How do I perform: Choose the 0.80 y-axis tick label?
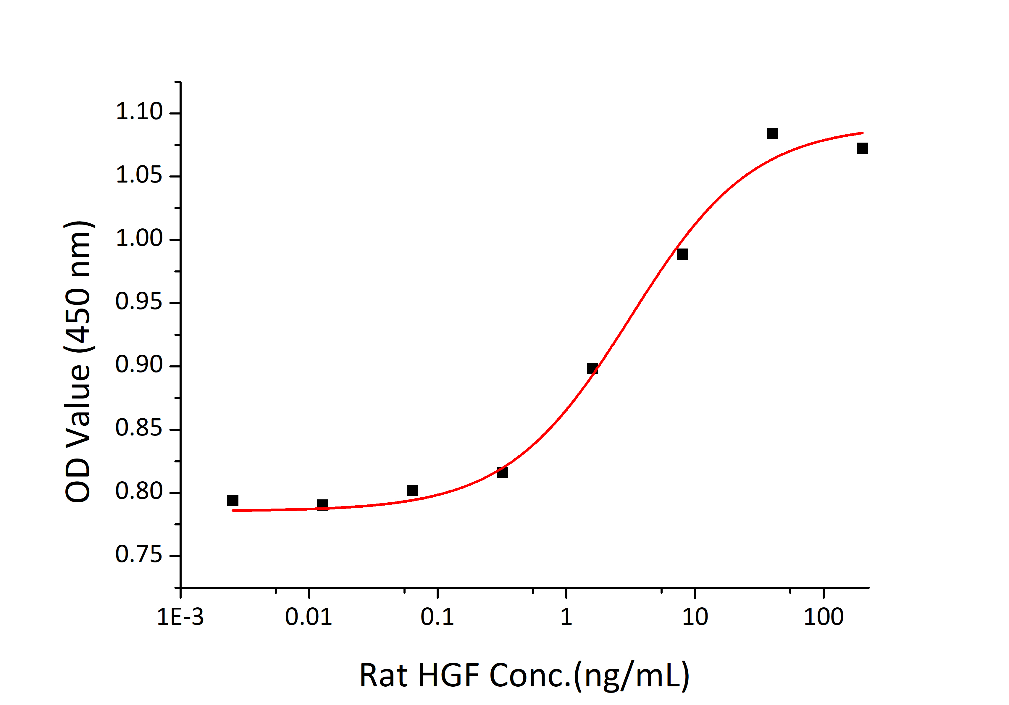coord(139,491)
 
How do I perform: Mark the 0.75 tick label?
coord(139,555)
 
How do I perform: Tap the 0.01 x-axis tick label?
coord(309,617)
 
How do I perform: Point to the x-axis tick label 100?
coord(823,617)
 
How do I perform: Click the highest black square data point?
coord(772,134)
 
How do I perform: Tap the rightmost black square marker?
coord(862,148)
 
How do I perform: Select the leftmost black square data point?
coord(233,500)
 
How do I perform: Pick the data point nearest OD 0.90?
coord(593,369)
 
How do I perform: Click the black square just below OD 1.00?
coord(682,254)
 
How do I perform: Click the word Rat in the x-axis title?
coord(383,675)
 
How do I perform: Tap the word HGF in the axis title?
coord(448,675)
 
